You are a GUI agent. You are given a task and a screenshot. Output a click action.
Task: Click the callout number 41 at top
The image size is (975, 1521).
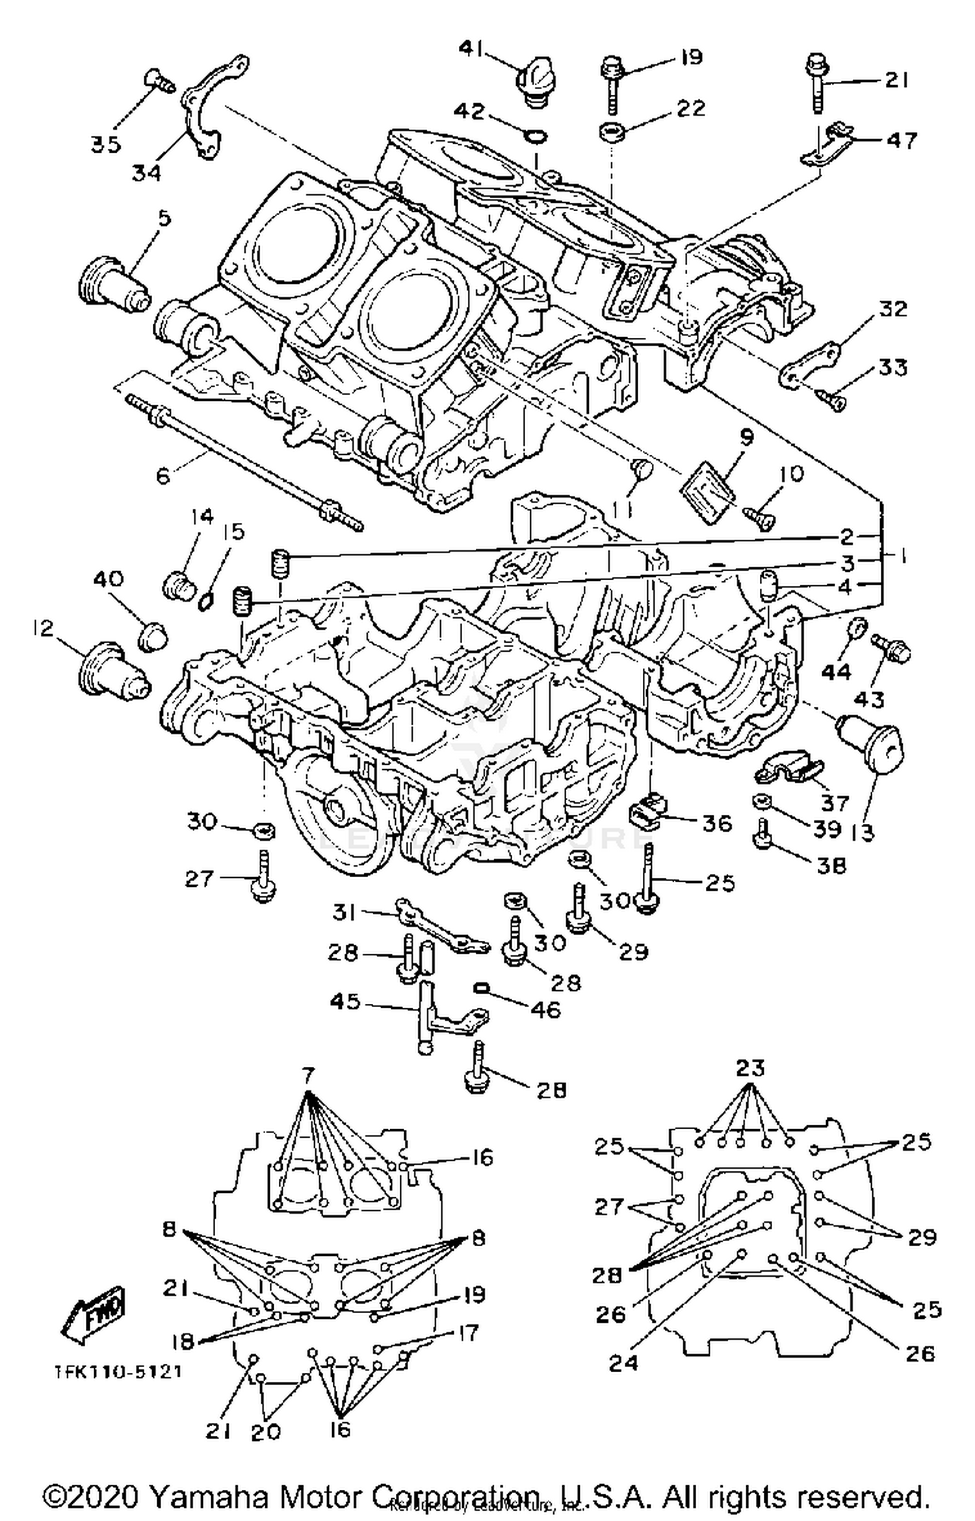(x=473, y=48)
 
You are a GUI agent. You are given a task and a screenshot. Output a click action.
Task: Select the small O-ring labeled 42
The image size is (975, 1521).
(x=536, y=136)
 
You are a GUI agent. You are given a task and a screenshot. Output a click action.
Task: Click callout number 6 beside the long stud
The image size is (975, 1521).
(x=162, y=476)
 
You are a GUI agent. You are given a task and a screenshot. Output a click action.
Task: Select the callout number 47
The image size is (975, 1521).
(x=902, y=140)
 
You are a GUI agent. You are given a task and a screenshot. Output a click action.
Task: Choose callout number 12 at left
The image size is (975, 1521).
(x=44, y=628)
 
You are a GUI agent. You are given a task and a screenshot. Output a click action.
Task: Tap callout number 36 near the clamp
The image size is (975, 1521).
(x=717, y=823)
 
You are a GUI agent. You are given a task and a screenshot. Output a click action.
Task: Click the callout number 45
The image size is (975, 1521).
(x=344, y=1001)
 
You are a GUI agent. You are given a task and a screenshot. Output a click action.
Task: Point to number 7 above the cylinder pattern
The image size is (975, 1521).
(x=308, y=1075)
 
